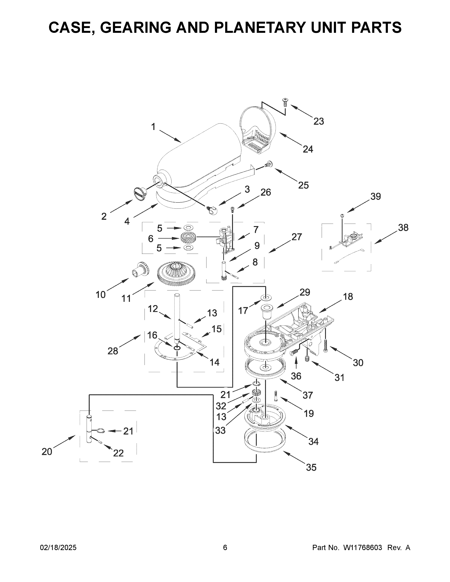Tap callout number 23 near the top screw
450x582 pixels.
(x=318, y=121)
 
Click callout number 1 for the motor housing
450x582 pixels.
(x=153, y=127)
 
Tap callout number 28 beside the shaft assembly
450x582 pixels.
(x=113, y=351)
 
